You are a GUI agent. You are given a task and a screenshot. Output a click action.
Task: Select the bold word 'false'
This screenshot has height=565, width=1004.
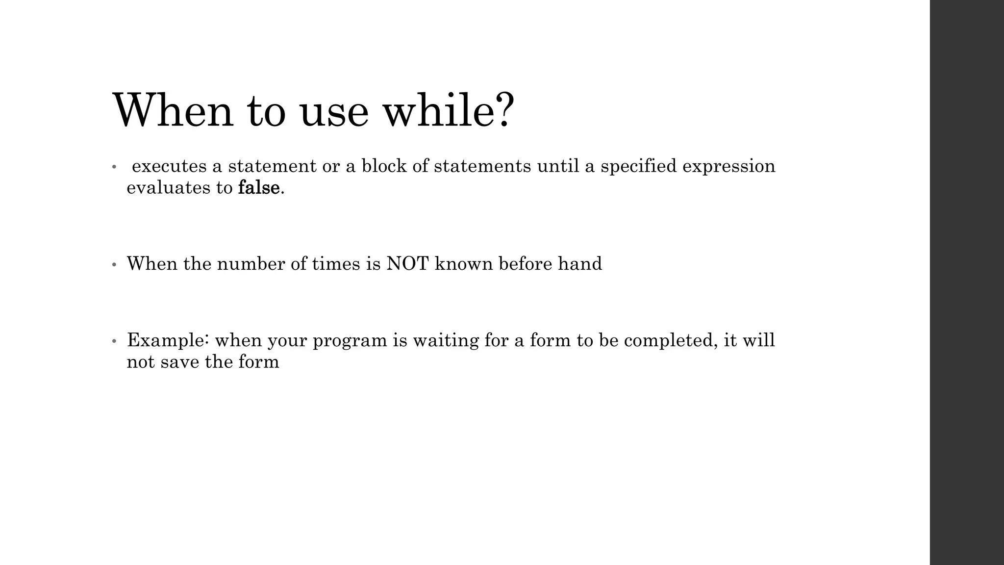click(x=258, y=187)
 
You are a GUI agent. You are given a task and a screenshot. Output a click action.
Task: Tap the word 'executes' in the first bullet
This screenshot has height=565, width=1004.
click(x=169, y=166)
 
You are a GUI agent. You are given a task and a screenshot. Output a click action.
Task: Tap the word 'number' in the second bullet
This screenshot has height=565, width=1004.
click(x=251, y=264)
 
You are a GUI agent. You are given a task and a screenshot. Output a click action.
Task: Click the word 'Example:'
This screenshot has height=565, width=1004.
click(x=168, y=340)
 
